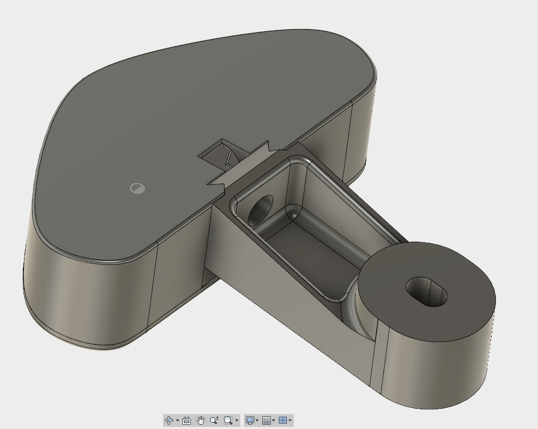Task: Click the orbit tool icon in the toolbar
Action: pos(169,420)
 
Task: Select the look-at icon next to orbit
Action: pos(187,420)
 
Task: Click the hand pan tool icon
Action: pos(200,420)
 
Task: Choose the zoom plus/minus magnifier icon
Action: pos(214,420)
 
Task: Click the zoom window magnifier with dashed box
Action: pos(228,420)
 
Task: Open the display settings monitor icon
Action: pos(250,420)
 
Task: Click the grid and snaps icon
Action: pos(266,420)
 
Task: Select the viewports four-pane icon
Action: pos(283,420)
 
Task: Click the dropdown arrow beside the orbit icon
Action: pos(178,420)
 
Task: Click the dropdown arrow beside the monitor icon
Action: pos(257,420)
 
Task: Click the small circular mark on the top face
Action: pos(137,188)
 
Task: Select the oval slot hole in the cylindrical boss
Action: pos(427,291)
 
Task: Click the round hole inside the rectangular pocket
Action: pos(260,210)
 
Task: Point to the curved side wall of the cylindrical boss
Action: pos(437,368)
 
